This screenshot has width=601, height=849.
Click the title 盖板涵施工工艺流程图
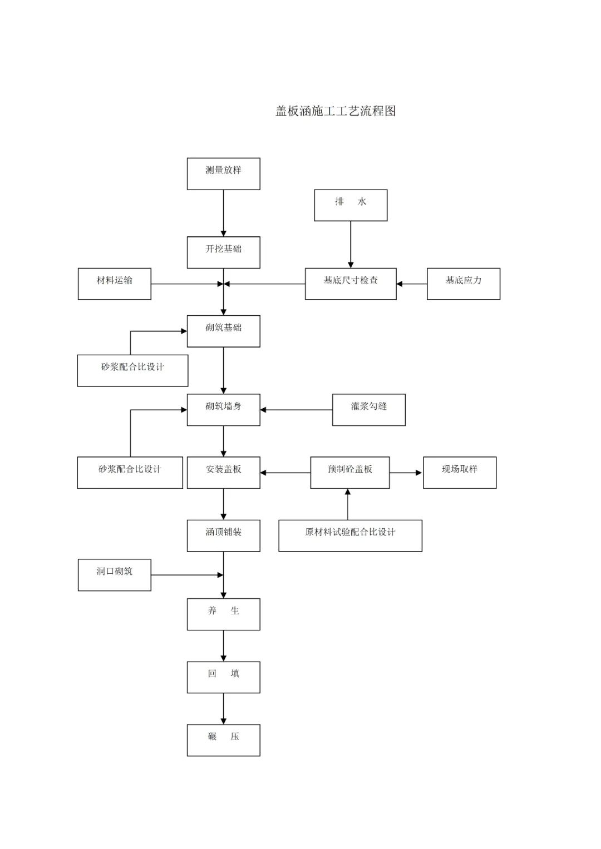click(x=336, y=111)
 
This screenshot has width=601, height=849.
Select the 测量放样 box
click(x=223, y=173)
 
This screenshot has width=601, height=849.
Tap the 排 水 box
click(x=351, y=205)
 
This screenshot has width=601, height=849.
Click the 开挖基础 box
click(x=223, y=252)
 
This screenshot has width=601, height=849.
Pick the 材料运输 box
click(x=114, y=284)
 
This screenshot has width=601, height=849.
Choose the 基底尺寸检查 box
click(x=351, y=284)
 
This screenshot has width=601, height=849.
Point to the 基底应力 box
click(x=464, y=284)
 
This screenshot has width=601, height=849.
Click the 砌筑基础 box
click(x=223, y=331)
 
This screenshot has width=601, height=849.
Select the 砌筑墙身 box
click(x=223, y=410)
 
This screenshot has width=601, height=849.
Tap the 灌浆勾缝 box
click(x=368, y=410)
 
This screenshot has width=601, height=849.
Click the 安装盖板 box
click(x=223, y=473)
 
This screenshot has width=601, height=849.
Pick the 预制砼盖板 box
click(x=349, y=473)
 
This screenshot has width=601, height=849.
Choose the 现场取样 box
click(x=460, y=473)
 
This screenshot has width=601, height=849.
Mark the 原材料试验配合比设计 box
click(x=350, y=535)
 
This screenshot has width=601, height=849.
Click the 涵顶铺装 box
click(x=223, y=535)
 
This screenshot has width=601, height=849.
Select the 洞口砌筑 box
click(x=114, y=574)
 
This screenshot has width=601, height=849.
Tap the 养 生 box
click(x=223, y=614)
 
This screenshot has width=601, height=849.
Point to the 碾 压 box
click(x=223, y=739)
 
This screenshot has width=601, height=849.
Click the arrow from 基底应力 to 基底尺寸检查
click(x=412, y=284)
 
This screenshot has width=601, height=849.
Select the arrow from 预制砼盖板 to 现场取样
click(x=406, y=473)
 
